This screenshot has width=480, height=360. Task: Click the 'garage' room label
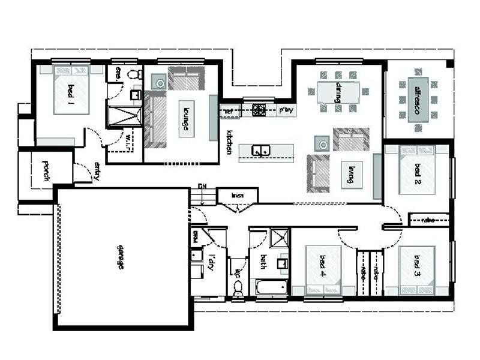tap(120, 257)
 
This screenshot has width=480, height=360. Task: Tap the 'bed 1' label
tap(70, 92)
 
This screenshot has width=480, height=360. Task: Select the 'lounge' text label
tap(186, 118)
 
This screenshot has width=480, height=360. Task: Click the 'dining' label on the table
tap(338, 92)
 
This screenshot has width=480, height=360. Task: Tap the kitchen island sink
tap(260, 150)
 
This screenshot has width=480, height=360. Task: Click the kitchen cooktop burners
tap(259, 109)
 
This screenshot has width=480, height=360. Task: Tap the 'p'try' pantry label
tap(286, 110)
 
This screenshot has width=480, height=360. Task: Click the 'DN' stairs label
tap(202, 187)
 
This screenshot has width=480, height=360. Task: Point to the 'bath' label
tap(262, 262)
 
